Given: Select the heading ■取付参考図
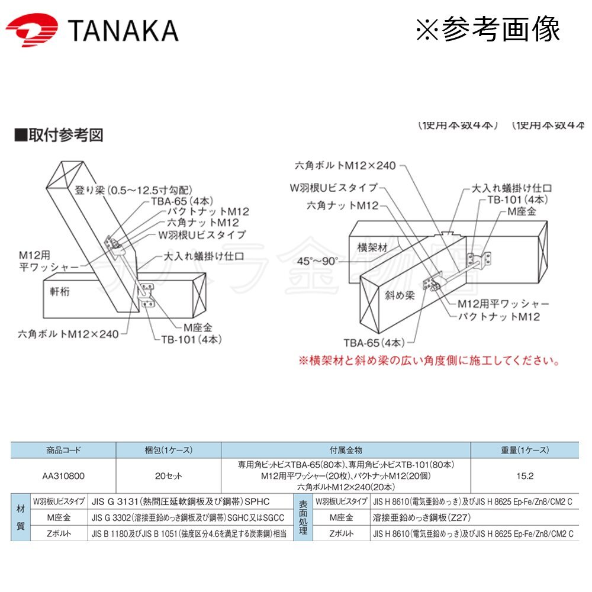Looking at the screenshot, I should click(59, 135).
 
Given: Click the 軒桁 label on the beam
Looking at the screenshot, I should click(60, 291).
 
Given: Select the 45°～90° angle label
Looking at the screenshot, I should click(318, 260).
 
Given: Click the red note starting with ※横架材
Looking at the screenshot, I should click(428, 361).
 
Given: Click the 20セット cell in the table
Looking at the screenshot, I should click(169, 475).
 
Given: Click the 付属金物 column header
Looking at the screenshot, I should click(346, 450).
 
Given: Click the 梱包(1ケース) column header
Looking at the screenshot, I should click(169, 450).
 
